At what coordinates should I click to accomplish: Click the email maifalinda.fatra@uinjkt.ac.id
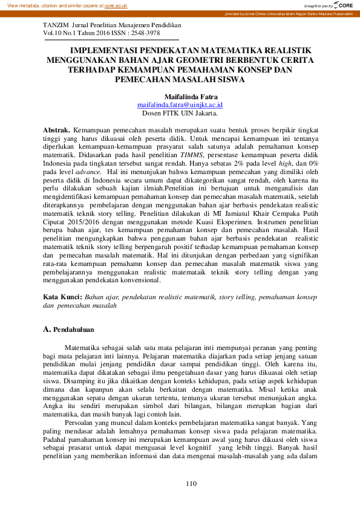point(180,105)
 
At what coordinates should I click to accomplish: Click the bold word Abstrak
point(57,130)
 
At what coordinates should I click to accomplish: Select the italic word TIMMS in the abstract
point(191,155)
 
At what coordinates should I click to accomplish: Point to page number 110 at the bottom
point(191,484)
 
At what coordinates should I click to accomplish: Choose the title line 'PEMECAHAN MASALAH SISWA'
point(180,79)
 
